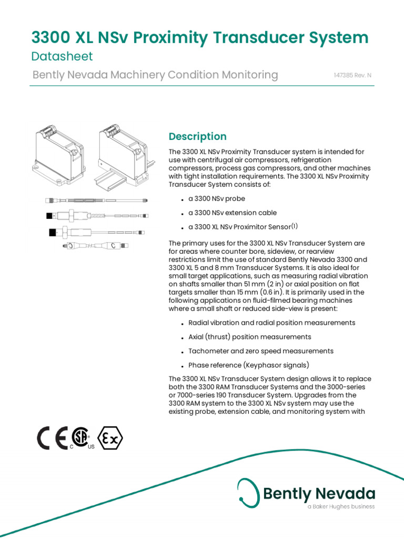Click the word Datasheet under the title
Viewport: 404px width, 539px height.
point(62,56)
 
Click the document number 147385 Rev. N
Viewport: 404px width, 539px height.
point(352,75)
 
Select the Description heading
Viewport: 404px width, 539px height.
point(197,136)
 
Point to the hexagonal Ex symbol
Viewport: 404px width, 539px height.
point(110,438)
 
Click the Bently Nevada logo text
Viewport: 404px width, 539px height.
point(319,494)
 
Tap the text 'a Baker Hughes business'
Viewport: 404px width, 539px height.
point(341,506)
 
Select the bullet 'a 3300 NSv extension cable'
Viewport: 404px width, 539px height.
point(232,213)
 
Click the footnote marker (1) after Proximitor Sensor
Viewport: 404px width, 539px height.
point(295,226)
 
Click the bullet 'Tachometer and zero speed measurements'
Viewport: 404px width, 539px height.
point(260,351)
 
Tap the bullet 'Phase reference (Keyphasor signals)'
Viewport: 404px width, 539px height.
point(248,365)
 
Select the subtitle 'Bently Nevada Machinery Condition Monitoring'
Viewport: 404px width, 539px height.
point(155,75)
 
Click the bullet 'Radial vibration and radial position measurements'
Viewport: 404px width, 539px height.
point(271,323)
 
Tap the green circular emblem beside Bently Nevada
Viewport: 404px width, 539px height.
point(248,491)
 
